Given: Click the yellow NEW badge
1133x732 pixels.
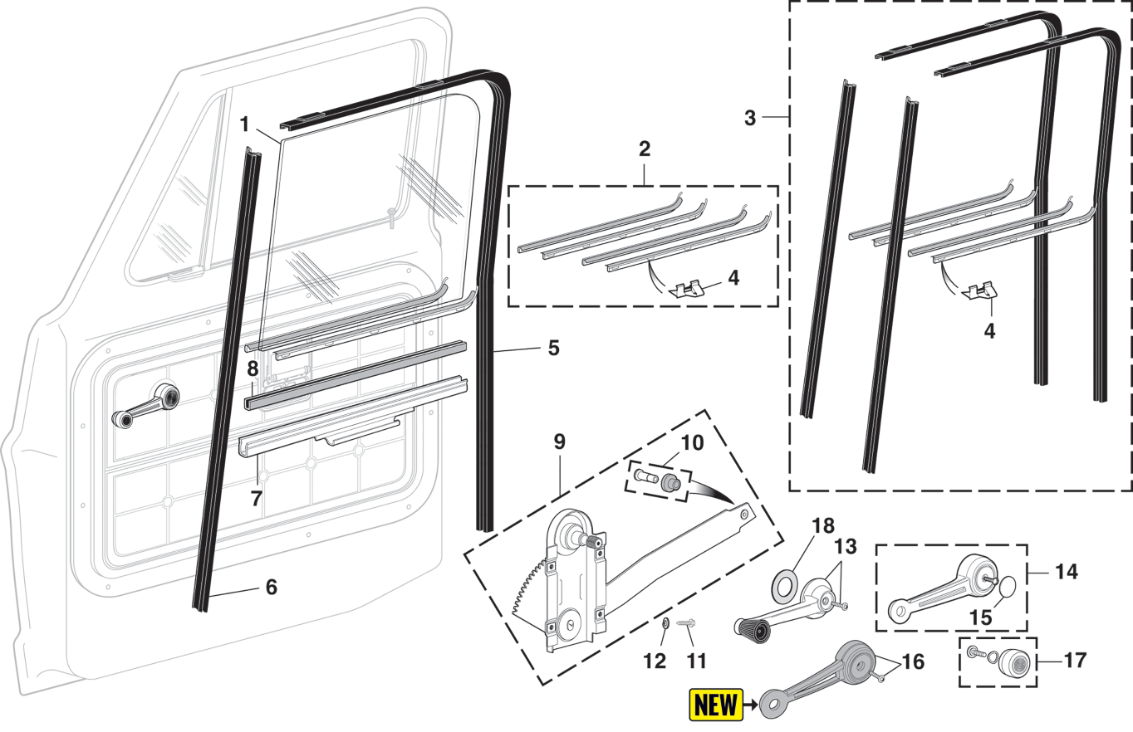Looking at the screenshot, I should point(717,705).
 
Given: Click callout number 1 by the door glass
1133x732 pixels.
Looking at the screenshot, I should point(244,125).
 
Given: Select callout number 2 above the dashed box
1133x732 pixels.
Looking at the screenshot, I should point(645,150).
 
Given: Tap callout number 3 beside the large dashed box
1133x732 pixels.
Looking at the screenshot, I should point(750,118).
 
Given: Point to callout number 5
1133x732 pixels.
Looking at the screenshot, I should point(553,349).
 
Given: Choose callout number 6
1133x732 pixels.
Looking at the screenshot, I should point(271,588).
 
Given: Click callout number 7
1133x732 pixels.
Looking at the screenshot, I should point(257,499).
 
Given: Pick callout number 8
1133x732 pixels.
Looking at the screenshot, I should point(253,368).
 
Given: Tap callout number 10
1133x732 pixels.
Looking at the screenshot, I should point(692,443).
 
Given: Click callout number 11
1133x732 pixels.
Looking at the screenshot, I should point(696,661).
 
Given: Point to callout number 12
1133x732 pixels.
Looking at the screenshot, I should point(655,661).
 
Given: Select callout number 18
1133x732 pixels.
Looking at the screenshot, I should point(824,527).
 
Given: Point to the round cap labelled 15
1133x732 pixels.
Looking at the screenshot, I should point(1005,587).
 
